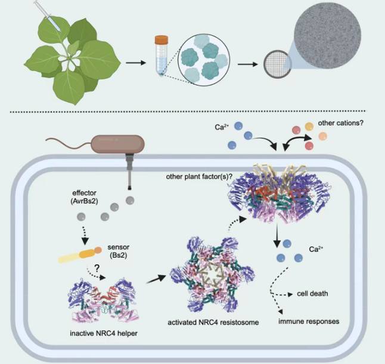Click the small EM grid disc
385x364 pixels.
click(x=274, y=64)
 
